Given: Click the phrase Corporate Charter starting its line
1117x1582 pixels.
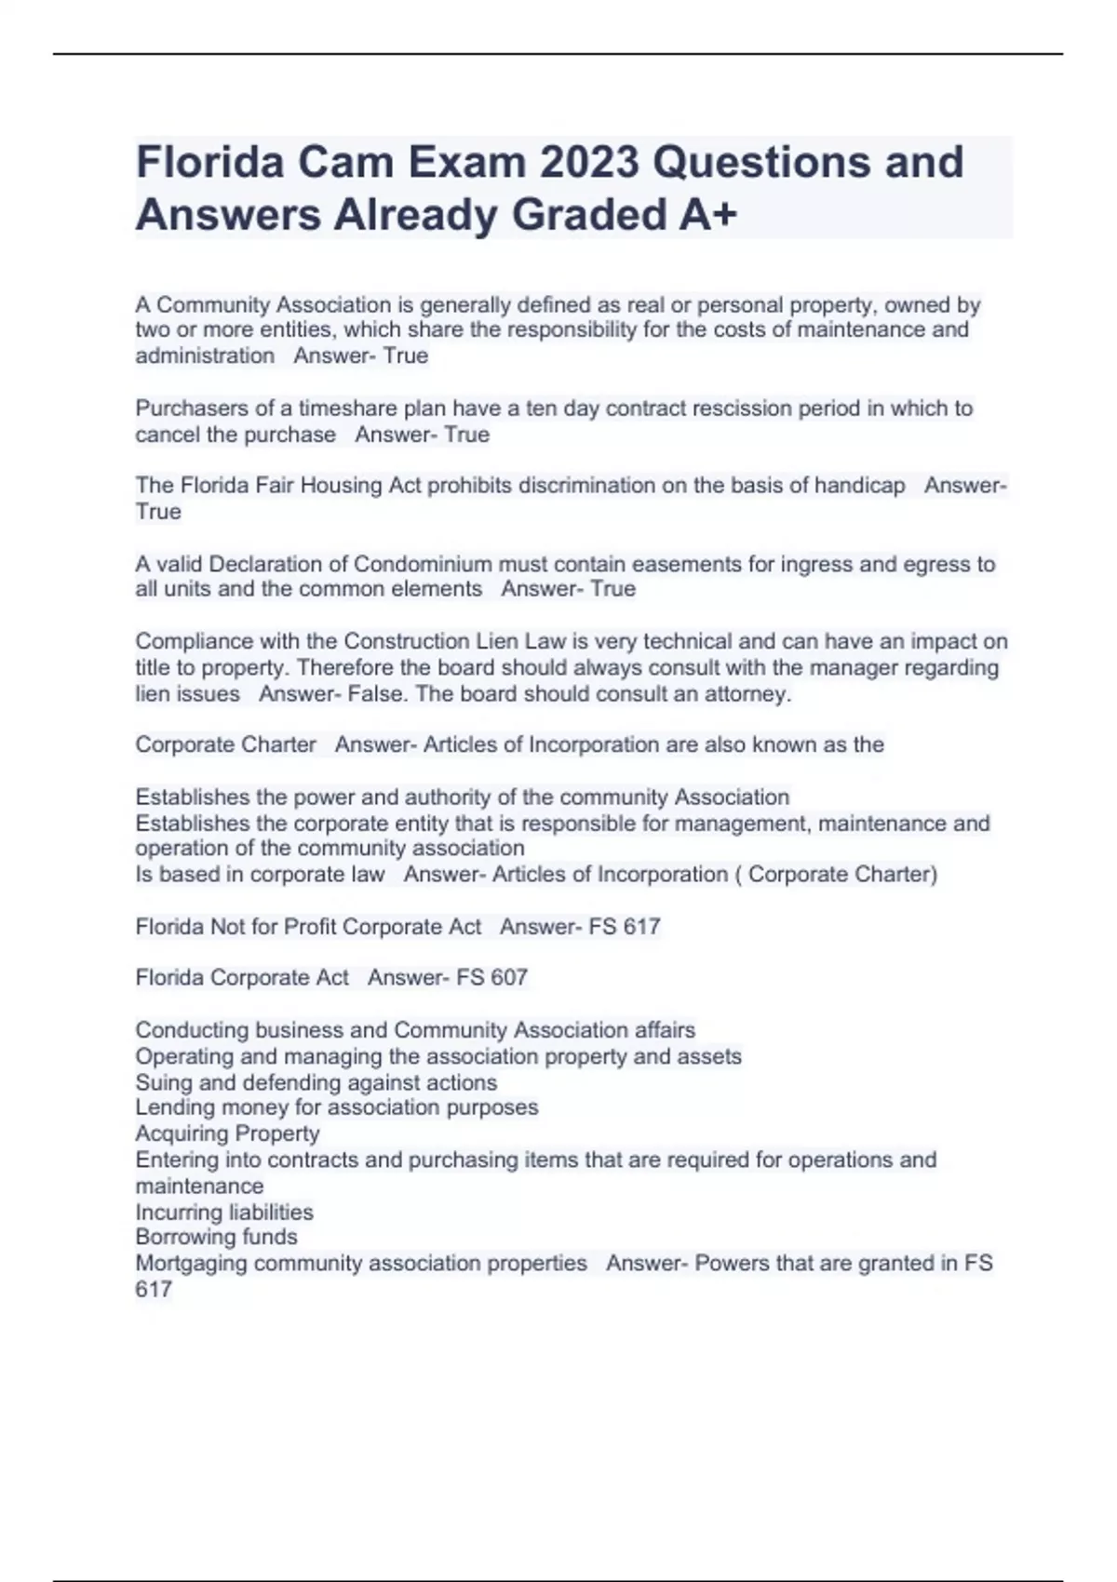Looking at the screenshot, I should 226,744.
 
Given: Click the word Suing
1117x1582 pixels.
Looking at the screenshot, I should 161,1083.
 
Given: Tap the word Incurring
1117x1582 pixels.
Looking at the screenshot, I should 176,1213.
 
